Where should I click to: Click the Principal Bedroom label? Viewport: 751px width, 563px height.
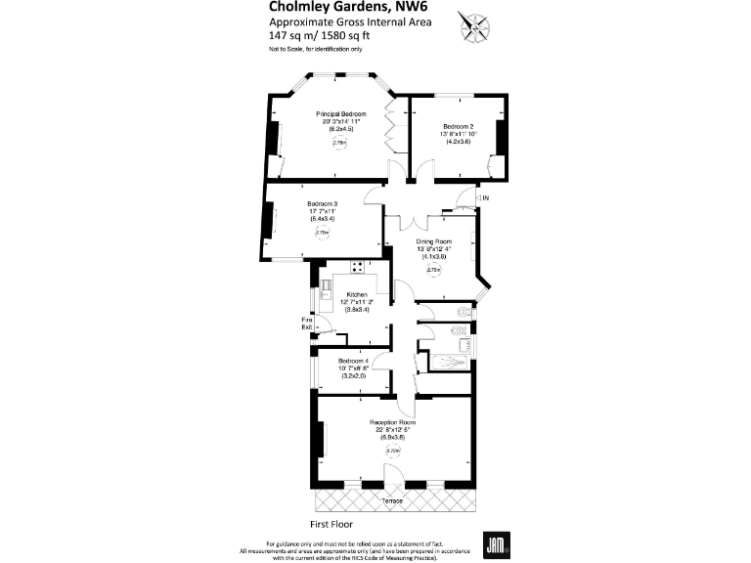click(340, 114)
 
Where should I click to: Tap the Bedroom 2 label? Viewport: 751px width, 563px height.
click(458, 126)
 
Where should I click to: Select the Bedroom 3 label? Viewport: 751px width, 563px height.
click(322, 203)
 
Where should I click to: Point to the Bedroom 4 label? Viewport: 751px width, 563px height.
click(353, 361)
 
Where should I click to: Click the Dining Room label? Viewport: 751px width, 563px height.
click(435, 241)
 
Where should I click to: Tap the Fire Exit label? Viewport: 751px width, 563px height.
click(307, 323)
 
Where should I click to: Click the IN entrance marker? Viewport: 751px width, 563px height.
click(484, 198)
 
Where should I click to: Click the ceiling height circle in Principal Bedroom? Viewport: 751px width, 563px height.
click(340, 143)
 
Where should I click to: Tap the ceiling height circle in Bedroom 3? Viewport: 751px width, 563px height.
click(322, 233)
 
